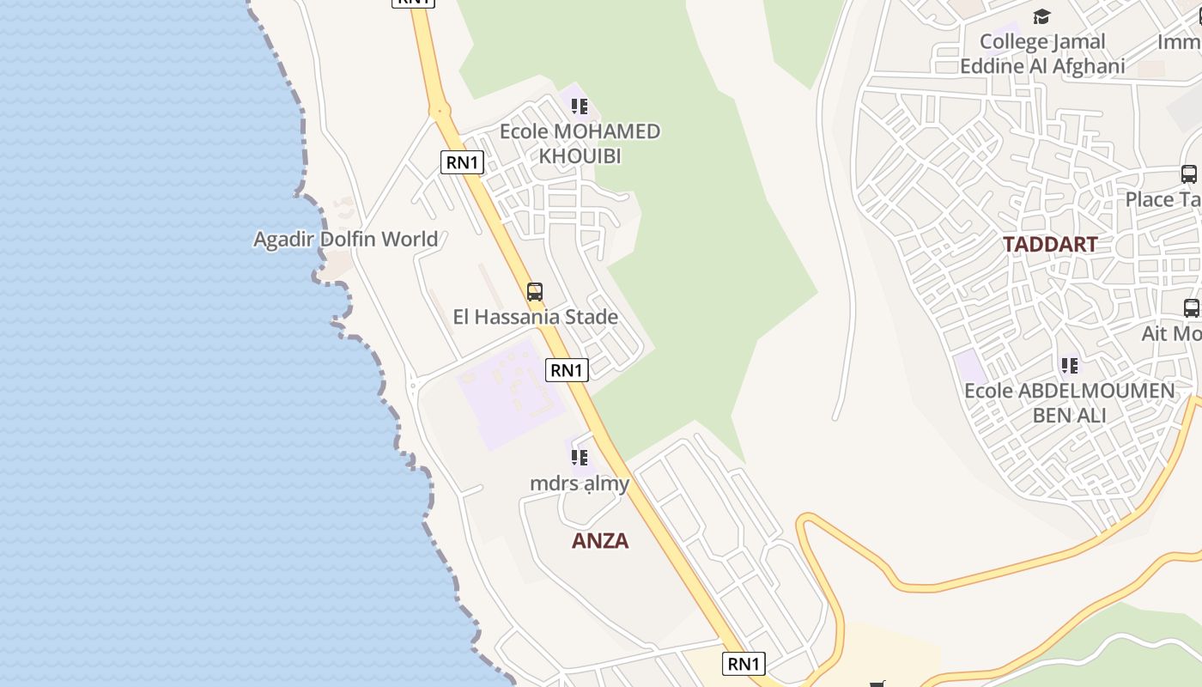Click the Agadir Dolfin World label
pyautogui.click(x=345, y=239)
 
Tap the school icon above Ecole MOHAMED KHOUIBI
pyautogui.click(x=580, y=106)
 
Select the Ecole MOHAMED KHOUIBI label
pyautogui.click(x=580, y=143)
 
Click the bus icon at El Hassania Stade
pyautogui.click(x=535, y=292)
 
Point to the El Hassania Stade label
pyautogui.click(x=535, y=317)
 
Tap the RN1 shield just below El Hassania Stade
pyautogui.click(x=567, y=370)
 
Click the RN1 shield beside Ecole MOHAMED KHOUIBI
pyautogui.click(x=463, y=161)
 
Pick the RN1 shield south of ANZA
pyautogui.click(x=744, y=663)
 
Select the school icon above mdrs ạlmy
pyautogui.click(x=580, y=458)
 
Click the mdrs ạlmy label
pyautogui.click(x=580, y=483)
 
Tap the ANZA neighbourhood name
pyautogui.click(x=600, y=541)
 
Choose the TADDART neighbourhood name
pyautogui.click(x=1049, y=245)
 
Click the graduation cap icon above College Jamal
pyautogui.click(x=1041, y=16)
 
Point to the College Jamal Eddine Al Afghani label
pyautogui.click(x=1042, y=53)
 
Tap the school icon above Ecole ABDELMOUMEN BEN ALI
pyautogui.click(x=1069, y=367)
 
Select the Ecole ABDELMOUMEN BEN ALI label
pyautogui.click(x=1069, y=403)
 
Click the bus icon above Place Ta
pyautogui.click(x=1189, y=174)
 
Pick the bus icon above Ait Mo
pyautogui.click(x=1191, y=307)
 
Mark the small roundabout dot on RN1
pyautogui.click(x=440, y=111)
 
